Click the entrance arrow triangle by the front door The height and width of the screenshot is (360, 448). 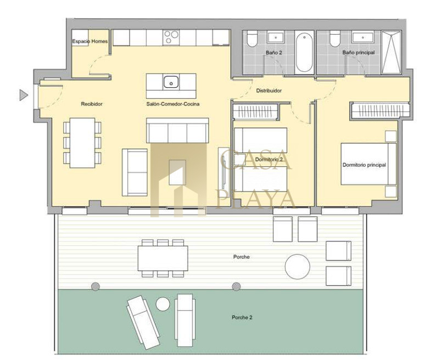point(24,95)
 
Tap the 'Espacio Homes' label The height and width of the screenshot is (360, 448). point(90,41)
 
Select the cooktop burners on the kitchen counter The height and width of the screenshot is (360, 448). point(171,38)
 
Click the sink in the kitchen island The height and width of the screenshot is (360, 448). point(171,82)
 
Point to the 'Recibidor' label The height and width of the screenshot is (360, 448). point(92,104)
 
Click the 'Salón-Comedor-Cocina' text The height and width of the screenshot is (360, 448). point(173,104)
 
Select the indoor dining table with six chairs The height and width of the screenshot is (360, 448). point(82,143)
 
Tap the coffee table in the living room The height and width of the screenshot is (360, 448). point(177,172)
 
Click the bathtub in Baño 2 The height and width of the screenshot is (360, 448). point(304,53)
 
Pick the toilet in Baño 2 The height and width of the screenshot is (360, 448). point(253,39)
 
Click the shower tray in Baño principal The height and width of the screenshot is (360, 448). point(391,53)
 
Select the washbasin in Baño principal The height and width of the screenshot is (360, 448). point(363,37)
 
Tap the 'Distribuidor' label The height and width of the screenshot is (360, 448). point(269,91)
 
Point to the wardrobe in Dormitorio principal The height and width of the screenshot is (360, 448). point(380,110)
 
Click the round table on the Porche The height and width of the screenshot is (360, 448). point(298,267)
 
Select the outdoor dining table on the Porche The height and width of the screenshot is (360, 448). point(163,258)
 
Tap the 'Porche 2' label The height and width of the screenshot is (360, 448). point(242,317)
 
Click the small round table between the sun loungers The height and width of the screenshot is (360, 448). point(163,304)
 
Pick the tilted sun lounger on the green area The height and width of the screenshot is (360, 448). point(143,322)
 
